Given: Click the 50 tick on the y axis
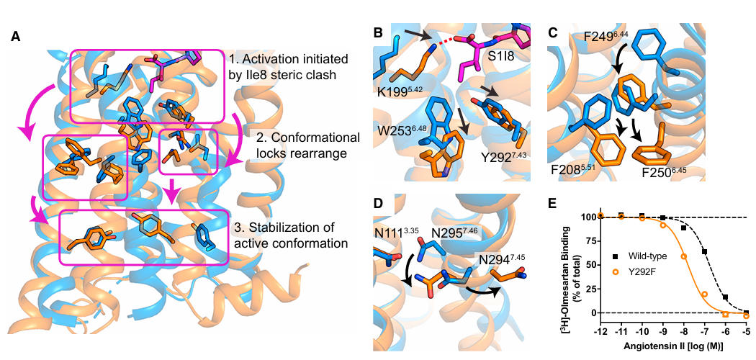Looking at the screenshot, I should (x=590, y=264).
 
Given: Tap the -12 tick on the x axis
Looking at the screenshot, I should (x=600, y=322).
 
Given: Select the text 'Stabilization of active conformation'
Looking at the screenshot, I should (x=292, y=236).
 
